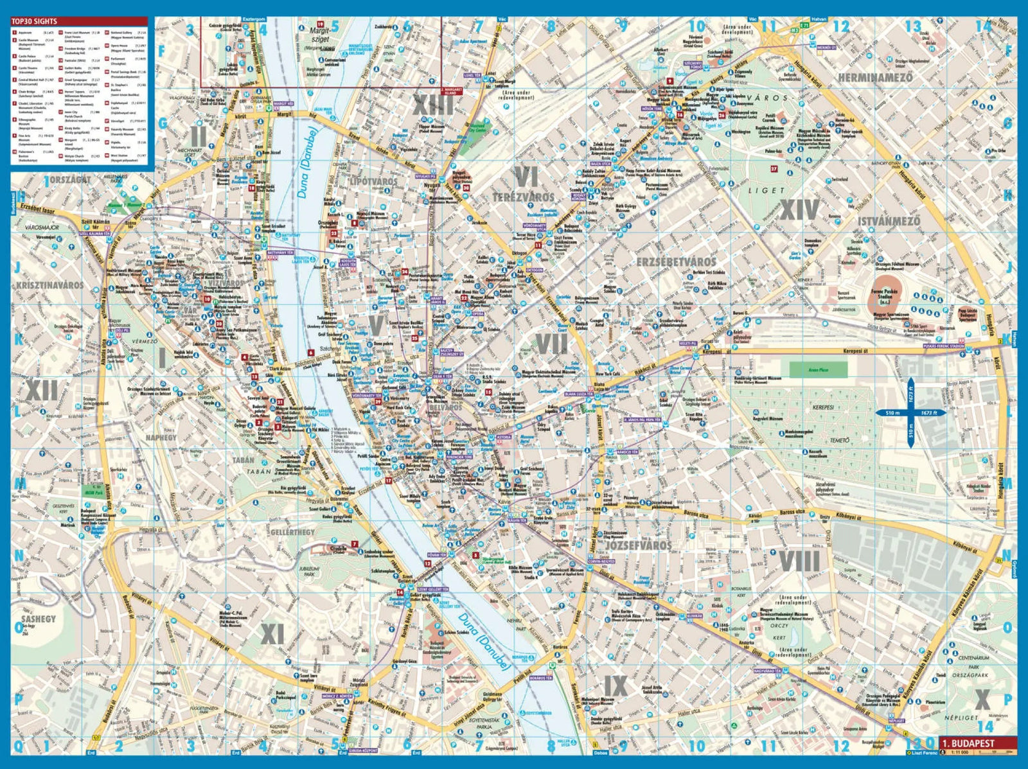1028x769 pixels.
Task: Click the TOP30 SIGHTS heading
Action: point(34,21)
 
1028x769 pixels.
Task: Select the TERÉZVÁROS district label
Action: point(523,196)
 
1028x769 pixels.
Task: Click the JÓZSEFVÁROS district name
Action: point(638,545)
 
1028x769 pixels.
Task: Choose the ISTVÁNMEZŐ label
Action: point(889,221)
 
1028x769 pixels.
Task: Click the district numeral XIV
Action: point(799,209)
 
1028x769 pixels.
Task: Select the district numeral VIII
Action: point(799,561)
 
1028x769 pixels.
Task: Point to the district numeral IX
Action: point(616,685)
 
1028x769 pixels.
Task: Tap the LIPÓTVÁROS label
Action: point(373,182)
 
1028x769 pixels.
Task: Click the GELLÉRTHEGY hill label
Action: point(292,533)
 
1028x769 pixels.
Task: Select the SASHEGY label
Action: point(39,619)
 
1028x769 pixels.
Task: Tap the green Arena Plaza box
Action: point(818,369)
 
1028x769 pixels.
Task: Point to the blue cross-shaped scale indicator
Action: point(910,412)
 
